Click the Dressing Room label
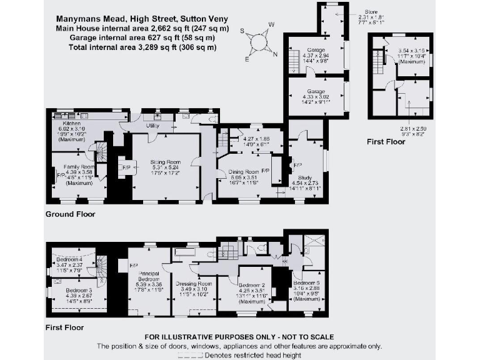pos(193,283)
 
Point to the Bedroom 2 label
pos(252,284)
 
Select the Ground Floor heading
pos(70,214)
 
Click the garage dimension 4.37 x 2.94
pos(315,55)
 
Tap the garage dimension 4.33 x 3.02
pos(315,97)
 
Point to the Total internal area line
pos(143,47)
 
